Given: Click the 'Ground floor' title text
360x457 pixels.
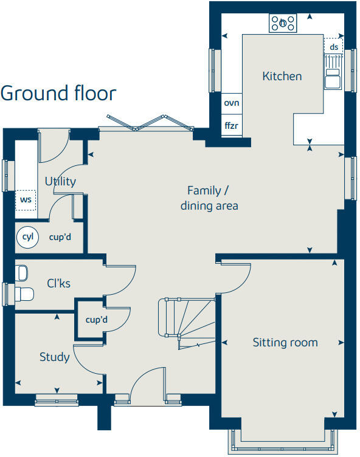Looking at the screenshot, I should [x=58, y=94].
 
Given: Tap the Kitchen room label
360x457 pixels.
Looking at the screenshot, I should [x=282, y=77].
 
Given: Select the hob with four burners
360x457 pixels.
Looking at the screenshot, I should [x=283, y=23].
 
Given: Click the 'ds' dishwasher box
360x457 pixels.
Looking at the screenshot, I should [x=333, y=47].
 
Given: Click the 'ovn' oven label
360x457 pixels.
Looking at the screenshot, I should [x=231, y=103].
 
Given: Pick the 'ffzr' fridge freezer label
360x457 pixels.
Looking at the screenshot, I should [x=231, y=126].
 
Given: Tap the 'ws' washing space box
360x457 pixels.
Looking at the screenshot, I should [x=26, y=199].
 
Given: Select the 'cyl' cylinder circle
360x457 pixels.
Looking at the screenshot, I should [x=27, y=236].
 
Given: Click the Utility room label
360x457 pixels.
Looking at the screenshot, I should [x=60, y=181].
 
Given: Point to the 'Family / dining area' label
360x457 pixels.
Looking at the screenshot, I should [x=209, y=198].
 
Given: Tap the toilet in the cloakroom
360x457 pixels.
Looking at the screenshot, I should [x=24, y=294].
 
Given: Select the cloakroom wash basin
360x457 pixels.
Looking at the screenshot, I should [x=22, y=271].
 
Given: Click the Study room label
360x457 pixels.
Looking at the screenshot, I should [x=54, y=357].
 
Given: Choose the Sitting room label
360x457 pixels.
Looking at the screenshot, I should [x=285, y=343].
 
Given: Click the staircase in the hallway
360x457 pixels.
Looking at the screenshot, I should [x=186, y=322].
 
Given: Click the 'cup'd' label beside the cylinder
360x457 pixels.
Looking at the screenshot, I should [x=60, y=236].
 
